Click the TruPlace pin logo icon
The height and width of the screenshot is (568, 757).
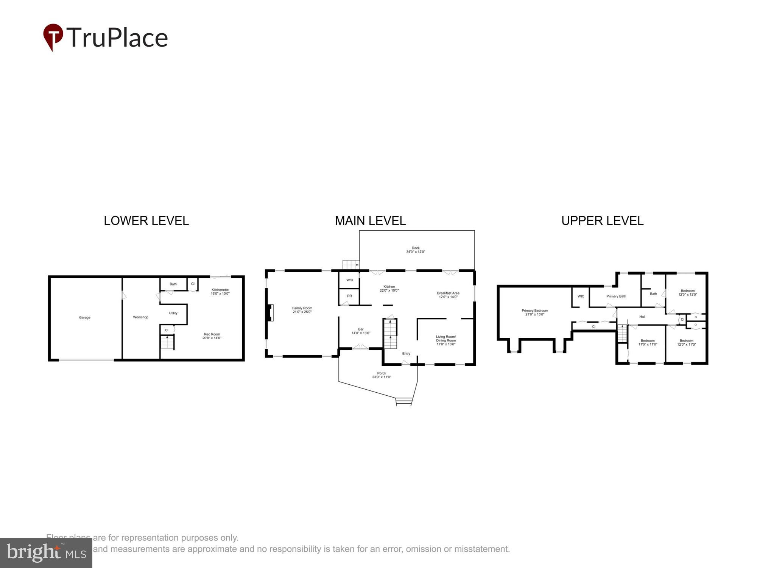pyautogui.click(x=53, y=37)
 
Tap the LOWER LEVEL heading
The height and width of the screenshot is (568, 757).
pyautogui.click(x=146, y=221)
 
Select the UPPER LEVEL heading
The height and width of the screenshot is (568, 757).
pyautogui.click(x=602, y=221)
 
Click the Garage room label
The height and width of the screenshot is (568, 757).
pyautogui.click(x=84, y=318)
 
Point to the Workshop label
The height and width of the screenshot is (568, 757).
pyautogui.click(x=140, y=317)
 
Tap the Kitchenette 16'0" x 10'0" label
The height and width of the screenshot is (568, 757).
pyautogui.click(x=220, y=292)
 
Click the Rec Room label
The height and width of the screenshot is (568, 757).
pyautogui.click(x=212, y=336)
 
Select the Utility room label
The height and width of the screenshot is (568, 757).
pyautogui.click(x=173, y=313)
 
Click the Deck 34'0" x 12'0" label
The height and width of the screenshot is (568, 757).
pyautogui.click(x=416, y=250)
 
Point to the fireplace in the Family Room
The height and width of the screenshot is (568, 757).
pyautogui.click(x=270, y=313)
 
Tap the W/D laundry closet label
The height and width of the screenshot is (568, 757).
pyautogui.click(x=350, y=280)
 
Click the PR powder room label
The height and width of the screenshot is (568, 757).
pyautogui.click(x=349, y=296)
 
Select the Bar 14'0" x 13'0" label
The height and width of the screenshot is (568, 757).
pyautogui.click(x=361, y=331)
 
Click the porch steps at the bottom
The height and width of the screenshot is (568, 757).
pyautogui.click(x=403, y=402)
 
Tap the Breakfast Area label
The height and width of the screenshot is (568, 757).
pyautogui.click(x=448, y=295)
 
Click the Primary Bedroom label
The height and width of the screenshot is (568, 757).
pyautogui.click(x=534, y=312)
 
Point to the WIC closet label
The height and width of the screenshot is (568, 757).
pyautogui.click(x=581, y=296)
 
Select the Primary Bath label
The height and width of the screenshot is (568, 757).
pyautogui.click(x=616, y=296)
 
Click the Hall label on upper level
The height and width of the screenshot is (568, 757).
pyautogui.click(x=642, y=317)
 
